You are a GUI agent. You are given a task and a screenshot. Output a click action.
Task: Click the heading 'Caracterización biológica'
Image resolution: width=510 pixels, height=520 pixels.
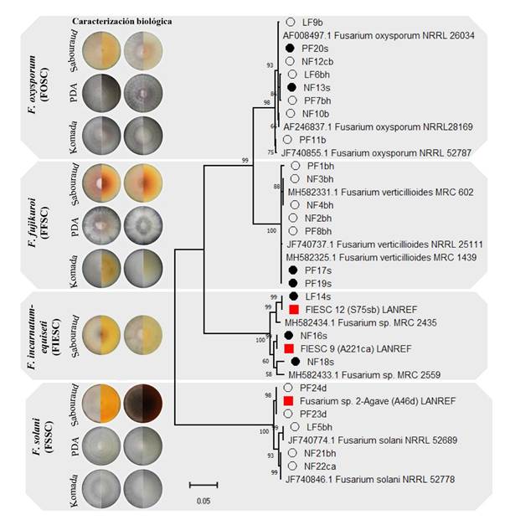click(x=122, y=20)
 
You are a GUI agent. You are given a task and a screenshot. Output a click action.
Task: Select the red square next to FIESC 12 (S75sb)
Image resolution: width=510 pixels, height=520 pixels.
click(x=294, y=310)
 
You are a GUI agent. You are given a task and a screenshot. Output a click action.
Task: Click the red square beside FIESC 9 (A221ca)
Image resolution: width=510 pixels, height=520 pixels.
click(x=289, y=348)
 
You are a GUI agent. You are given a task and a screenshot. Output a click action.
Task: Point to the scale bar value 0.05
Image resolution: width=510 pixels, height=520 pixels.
click(x=203, y=501)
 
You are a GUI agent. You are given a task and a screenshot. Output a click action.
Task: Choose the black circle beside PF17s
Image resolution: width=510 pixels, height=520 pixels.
click(x=291, y=270)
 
